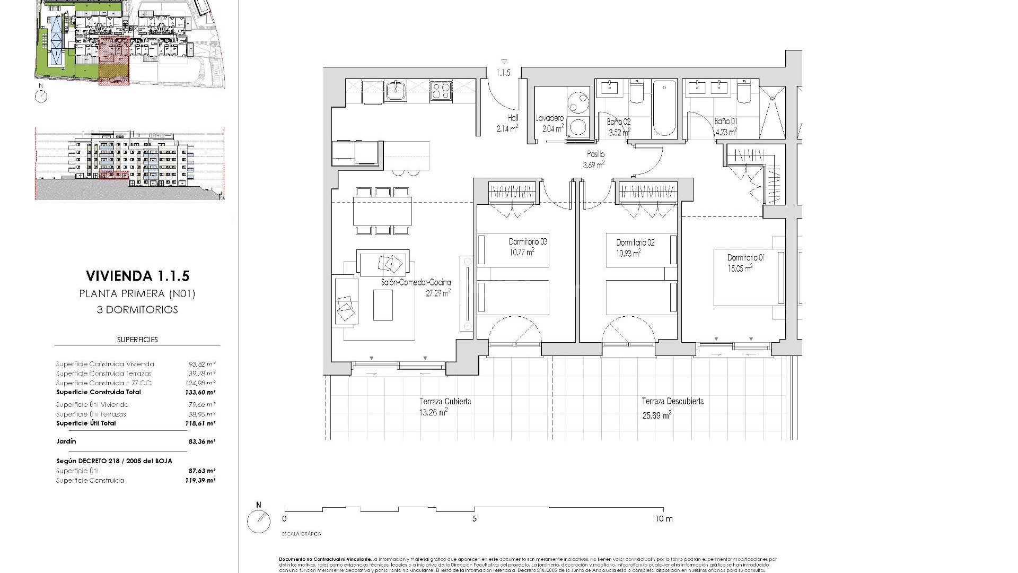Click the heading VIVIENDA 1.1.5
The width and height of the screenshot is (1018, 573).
pyautogui.click(x=137, y=276)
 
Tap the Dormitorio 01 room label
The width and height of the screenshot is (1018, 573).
pyautogui.click(x=745, y=258)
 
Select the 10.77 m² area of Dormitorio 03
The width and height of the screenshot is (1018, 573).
pyautogui.click(x=522, y=252)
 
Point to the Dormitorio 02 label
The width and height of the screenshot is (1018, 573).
pyautogui.click(x=635, y=242)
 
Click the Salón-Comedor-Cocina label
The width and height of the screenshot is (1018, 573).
pyautogui.click(x=416, y=283)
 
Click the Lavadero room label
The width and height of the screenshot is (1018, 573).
pyautogui.click(x=549, y=118)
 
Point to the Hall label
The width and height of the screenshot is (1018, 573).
pyautogui.click(x=513, y=118)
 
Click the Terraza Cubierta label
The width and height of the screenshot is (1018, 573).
pyautogui.click(x=445, y=402)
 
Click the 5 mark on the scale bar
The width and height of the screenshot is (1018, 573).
pyautogui.click(x=475, y=519)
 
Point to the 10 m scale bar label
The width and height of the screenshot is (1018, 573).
pyautogui.click(x=663, y=519)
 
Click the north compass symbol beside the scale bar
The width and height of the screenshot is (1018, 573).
pyautogui.click(x=259, y=522)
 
